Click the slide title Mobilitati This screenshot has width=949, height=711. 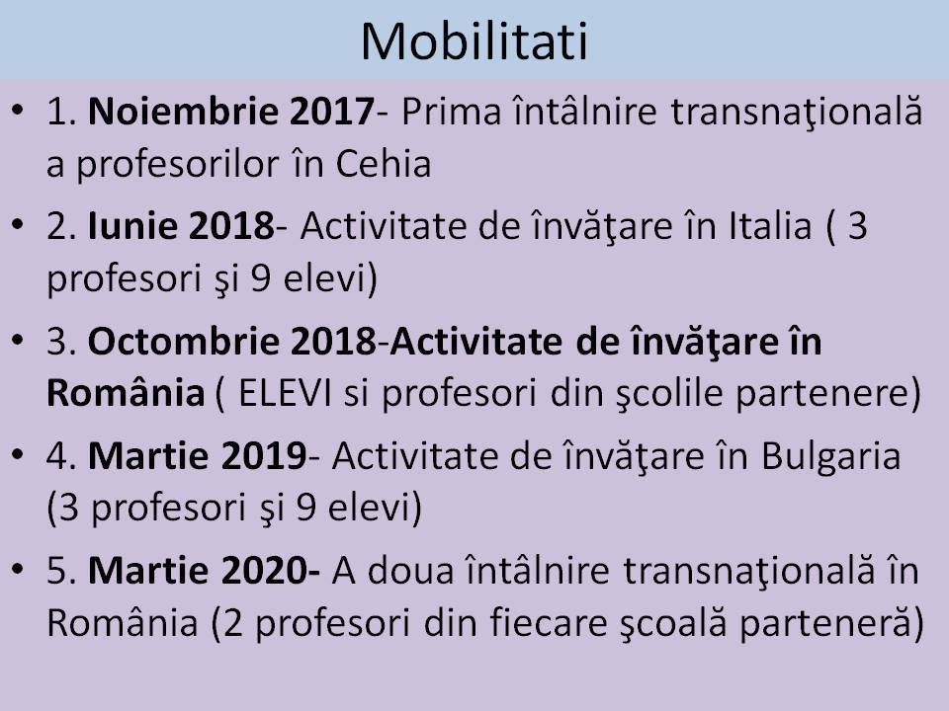pyautogui.click(x=474, y=41)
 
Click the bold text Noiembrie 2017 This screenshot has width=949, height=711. pyautogui.click(x=231, y=112)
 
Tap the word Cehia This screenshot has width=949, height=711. pyautogui.click(x=384, y=164)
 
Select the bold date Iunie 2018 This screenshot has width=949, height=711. pyautogui.click(x=181, y=226)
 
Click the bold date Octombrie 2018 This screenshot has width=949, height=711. pyautogui.click(x=232, y=341)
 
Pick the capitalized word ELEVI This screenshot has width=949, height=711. pyautogui.click(x=285, y=394)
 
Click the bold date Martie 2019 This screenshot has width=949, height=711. pyautogui.click(x=198, y=456)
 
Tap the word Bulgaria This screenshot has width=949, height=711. pyautogui.click(x=831, y=457)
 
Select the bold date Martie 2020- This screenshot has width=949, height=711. pyautogui.click(x=205, y=571)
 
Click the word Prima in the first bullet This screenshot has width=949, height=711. pyautogui.click(x=452, y=112)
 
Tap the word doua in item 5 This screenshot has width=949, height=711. pyautogui.click(x=411, y=571)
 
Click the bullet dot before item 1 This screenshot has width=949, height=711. pyautogui.click(x=18, y=110)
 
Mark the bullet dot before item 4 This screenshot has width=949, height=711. pyautogui.click(x=18, y=454)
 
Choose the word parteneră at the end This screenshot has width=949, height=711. pyautogui.click(x=831, y=624)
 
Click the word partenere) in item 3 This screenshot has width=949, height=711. pyautogui.click(x=828, y=395)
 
